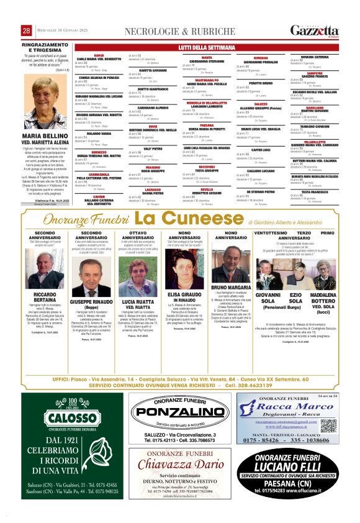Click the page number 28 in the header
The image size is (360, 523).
click(x=27, y=31)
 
